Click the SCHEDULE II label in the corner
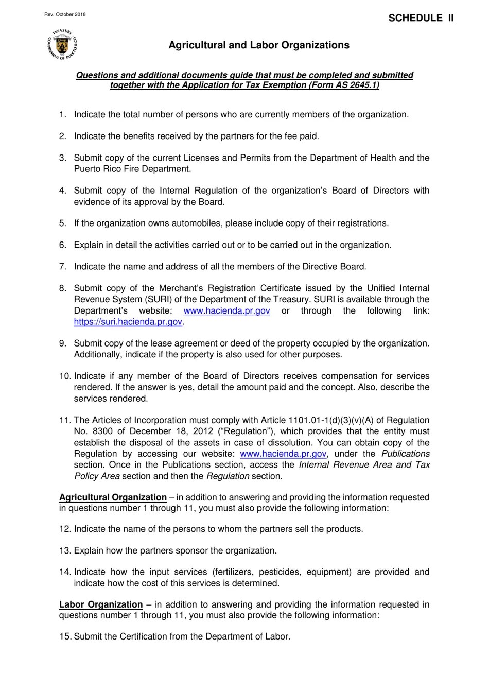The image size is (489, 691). point(421,18)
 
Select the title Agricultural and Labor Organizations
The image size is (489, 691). point(259,45)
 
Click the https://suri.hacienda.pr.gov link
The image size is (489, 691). point(128,322)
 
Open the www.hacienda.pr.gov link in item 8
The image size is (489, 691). point(226,310)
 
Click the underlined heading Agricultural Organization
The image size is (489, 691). point(113,497)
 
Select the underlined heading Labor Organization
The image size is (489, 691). point(101,604)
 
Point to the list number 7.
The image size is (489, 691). point(63,267)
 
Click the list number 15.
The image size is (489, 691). point(65,636)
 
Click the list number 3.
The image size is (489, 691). point(63,158)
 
